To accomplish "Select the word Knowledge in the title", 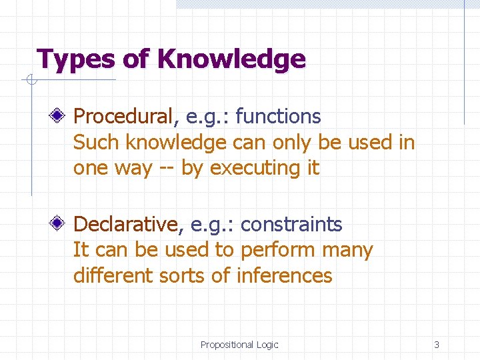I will coord(231,59).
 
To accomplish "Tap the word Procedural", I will coord(124,117).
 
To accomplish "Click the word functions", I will coord(278,117).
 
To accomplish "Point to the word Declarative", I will coord(125,225).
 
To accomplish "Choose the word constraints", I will coord(291,225).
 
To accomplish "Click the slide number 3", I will coord(437,345).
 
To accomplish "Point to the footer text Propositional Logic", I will coord(239,345).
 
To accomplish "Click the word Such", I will coord(97,142).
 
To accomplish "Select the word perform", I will coord(279,251).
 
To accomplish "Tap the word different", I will coord(113,275).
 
